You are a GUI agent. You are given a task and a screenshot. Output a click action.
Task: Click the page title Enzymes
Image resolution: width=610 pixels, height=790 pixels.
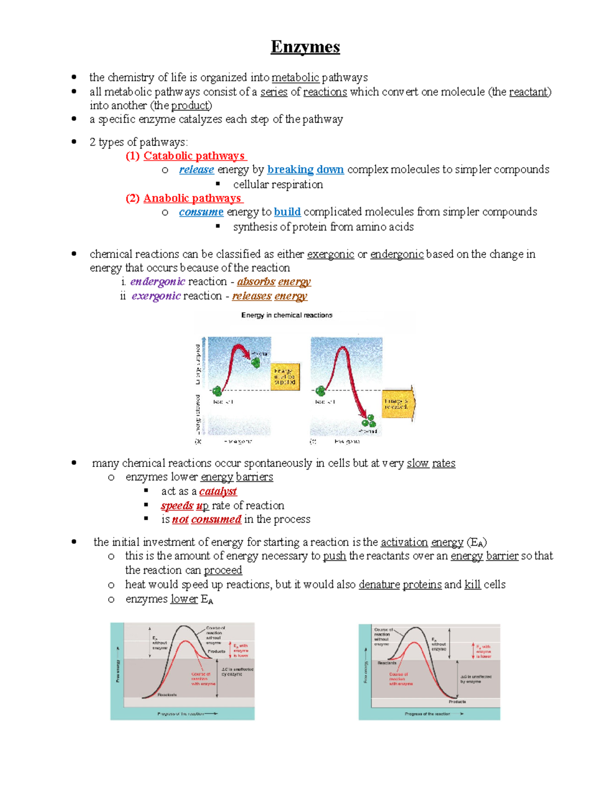305,47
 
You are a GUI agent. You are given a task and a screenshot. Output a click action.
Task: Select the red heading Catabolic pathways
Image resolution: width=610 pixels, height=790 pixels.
194,156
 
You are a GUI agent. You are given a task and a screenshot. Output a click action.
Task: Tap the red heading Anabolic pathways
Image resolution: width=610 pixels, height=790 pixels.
192,198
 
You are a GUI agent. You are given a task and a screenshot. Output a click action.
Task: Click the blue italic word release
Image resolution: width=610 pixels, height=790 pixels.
196,169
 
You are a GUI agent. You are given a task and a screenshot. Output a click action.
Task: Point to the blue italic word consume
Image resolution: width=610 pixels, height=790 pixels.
201,212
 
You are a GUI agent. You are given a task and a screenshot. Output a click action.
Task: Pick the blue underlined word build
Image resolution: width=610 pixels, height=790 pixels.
287,212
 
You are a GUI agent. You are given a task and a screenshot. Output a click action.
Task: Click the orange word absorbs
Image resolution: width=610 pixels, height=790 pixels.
256,281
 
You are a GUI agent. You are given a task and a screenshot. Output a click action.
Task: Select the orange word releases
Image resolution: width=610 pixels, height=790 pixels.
252,296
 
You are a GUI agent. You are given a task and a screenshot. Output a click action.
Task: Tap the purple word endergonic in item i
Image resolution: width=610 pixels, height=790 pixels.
158,281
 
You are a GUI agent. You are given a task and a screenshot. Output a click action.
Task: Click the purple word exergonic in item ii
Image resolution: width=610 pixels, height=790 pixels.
156,296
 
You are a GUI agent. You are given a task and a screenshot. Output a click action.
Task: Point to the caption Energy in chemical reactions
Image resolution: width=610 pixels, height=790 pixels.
287,315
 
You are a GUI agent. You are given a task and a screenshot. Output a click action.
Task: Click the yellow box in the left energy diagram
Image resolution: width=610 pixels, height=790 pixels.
285,376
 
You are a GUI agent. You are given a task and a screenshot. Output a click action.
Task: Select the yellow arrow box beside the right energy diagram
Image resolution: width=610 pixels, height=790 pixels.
398,404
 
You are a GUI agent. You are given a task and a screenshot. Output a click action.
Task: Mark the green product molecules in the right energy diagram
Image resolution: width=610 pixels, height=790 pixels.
369,421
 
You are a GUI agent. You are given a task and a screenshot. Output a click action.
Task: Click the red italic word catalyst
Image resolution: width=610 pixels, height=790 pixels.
218,491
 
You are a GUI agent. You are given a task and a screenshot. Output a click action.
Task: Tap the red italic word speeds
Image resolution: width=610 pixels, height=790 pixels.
177,506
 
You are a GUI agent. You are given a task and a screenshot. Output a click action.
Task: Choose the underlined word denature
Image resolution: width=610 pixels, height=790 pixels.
379,584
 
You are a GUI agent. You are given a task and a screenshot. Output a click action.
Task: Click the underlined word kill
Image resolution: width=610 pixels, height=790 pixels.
472,584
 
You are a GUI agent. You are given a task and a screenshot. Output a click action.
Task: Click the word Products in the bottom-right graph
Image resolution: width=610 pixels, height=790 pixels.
457,701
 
